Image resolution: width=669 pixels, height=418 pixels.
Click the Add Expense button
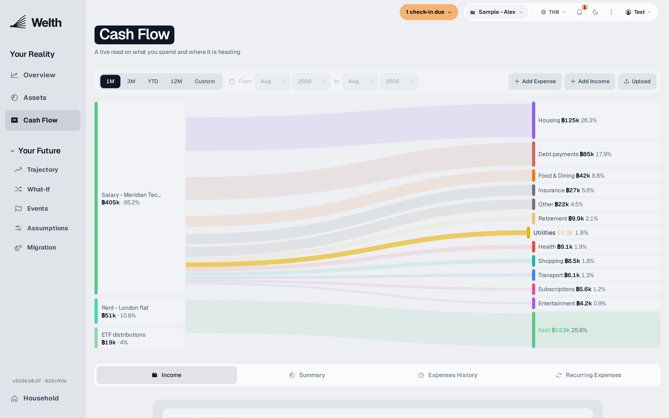(x=535, y=81)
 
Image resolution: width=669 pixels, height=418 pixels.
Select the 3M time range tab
(x=131, y=81)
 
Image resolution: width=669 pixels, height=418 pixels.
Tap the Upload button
(x=637, y=81)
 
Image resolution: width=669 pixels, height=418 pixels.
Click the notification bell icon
(x=580, y=12)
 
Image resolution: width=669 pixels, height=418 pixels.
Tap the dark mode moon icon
(x=595, y=12)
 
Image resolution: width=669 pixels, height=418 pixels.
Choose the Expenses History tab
(x=448, y=375)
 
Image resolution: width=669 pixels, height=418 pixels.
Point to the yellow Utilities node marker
(x=528, y=232)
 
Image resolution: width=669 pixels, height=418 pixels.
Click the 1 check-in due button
(x=429, y=12)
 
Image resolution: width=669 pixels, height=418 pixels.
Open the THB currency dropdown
(x=553, y=12)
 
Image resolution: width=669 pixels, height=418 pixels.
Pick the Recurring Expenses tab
(x=589, y=375)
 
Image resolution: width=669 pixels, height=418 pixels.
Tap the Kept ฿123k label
(x=563, y=330)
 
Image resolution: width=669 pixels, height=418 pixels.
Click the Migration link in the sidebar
(x=41, y=247)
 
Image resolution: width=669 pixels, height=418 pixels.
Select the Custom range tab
(x=205, y=81)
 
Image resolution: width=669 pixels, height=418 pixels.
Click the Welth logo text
(x=46, y=23)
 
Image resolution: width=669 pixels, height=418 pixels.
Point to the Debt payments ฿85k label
(x=575, y=154)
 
